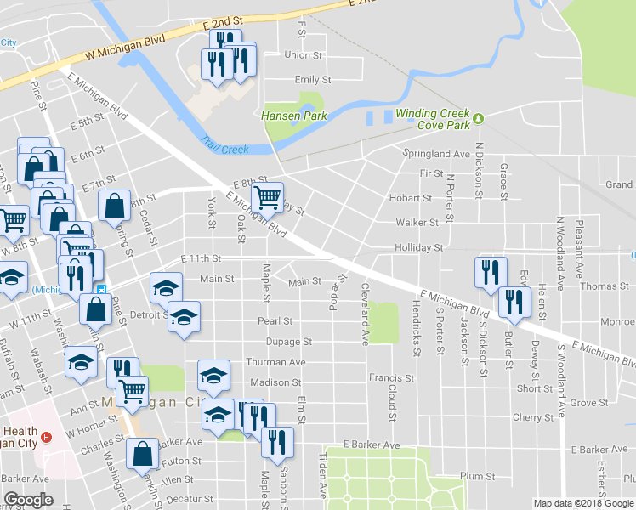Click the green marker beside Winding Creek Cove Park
click(x=479, y=118)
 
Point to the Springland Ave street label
click(x=436, y=154)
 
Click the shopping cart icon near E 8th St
click(x=268, y=198)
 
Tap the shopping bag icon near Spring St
click(x=114, y=206)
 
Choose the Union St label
click(x=304, y=55)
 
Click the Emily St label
click(x=306, y=79)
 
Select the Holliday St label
click(x=419, y=248)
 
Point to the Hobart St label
click(x=411, y=198)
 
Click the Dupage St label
click(x=291, y=342)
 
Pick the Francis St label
click(x=391, y=377)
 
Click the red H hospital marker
click(x=48, y=438)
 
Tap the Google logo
click(x=29, y=500)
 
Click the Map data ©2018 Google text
click(x=583, y=503)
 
